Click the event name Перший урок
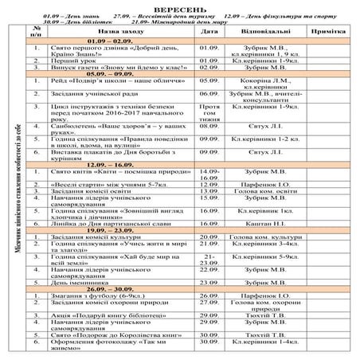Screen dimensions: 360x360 [72, 59]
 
